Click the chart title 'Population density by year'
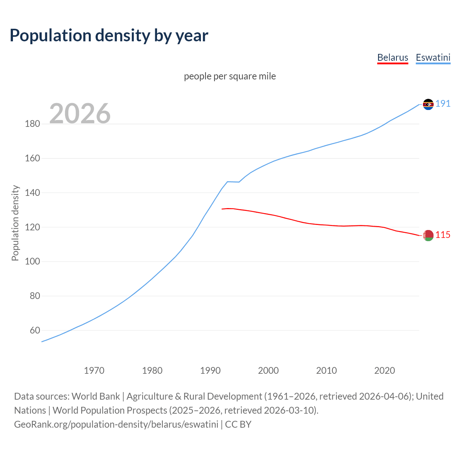click(109, 36)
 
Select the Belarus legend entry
click(392, 57)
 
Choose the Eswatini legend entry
click(433, 57)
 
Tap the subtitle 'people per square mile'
click(230, 76)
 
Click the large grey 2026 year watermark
click(80, 114)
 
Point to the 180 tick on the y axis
click(32, 124)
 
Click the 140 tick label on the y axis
click(32, 193)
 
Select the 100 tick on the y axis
click(32, 262)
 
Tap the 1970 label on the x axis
click(94, 371)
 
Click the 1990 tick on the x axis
click(210, 371)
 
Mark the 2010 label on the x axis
click(326, 371)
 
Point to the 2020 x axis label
click(385, 371)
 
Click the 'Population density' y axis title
click(15, 223)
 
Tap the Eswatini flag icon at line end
click(428, 104)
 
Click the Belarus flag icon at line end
click(428, 235)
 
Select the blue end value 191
click(443, 104)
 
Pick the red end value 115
click(443, 235)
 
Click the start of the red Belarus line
click(222, 209)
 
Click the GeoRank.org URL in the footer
click(116, 424)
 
